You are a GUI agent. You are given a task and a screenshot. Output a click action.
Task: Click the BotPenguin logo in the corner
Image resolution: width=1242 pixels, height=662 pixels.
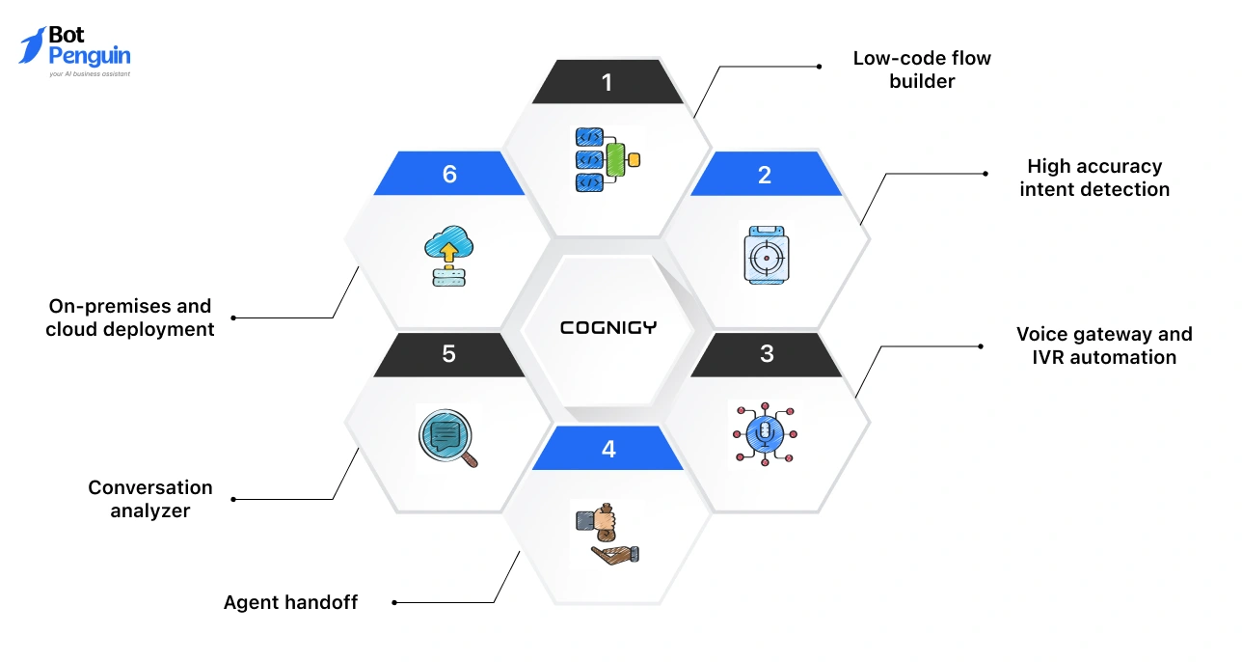[74, 51]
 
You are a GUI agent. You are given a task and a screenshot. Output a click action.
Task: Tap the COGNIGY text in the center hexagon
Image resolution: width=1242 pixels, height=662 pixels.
[607, 327]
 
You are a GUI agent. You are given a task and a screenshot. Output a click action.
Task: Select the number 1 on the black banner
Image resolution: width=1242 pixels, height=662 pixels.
[607, 82]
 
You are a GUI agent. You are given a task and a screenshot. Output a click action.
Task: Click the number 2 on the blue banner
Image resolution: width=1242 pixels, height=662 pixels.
[765, 175]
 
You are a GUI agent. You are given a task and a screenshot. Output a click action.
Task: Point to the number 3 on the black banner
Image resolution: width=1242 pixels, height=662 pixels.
[767, 353]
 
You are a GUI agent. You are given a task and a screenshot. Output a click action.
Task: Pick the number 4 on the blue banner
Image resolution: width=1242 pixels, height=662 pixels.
[607, 449]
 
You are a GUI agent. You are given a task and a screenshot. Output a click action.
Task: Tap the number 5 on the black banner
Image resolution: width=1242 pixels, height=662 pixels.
[448, 353]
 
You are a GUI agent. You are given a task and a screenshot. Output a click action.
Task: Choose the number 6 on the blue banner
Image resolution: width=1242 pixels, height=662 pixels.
[449, 174]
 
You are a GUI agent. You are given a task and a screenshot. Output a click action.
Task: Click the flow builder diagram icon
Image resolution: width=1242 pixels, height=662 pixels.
[607, 159]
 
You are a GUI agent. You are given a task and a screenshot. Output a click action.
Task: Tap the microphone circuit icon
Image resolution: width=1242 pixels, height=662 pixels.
[765, 433]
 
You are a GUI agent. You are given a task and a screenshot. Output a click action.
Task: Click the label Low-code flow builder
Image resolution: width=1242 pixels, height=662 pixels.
[921, 69]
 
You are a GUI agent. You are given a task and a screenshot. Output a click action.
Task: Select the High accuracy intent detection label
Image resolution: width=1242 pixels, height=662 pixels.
[1093, 178]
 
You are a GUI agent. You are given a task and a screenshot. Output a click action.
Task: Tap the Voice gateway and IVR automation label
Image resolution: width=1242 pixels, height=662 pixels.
[1103, 345]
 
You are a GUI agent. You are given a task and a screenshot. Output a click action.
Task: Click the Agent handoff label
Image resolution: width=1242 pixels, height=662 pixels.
[290, 602]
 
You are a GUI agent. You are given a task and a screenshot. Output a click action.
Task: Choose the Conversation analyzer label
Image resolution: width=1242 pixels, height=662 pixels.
[149, 499]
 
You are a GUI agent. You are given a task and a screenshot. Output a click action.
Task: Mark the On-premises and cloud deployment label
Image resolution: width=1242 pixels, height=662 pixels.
[129, 317]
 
